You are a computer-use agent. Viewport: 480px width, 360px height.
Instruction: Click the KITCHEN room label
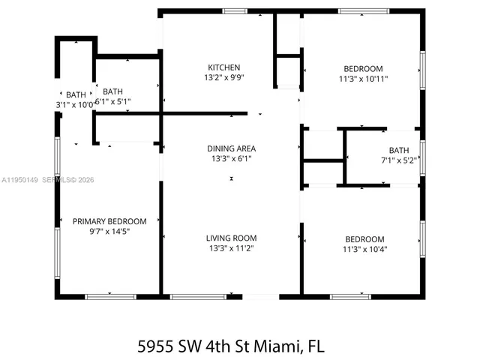(x=223, y=67)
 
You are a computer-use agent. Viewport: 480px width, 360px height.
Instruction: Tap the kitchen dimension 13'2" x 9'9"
(x=223, y=77)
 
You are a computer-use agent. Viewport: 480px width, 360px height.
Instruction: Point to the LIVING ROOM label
(x=231, y=238)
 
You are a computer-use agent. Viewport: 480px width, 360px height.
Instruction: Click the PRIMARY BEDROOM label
(x=109, y=221)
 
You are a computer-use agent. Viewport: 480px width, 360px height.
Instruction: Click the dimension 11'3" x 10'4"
(x=365, y=249)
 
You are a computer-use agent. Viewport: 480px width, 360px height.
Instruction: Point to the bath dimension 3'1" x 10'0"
(x=75, y=104)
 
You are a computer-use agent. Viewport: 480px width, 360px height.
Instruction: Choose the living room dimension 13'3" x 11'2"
(x=231, y=248)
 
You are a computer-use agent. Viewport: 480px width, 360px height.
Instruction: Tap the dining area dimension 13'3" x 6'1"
(x=231, y=158)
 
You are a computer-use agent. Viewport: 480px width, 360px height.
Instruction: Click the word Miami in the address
(x=277, y=346)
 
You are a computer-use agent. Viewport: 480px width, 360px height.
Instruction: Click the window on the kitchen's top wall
(x=235, y=10)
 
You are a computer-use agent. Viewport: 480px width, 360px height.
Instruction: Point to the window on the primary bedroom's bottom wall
(x=109, y=297)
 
